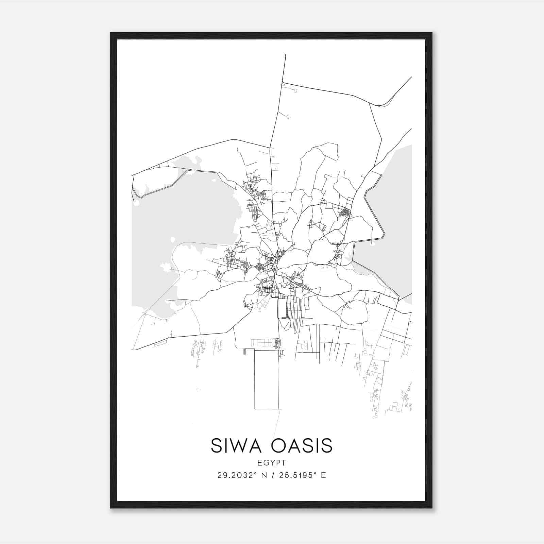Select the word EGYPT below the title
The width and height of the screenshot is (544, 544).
[272, 463]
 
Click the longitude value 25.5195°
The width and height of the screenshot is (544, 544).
[296, 475]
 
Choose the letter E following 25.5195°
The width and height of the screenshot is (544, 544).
[323, 475]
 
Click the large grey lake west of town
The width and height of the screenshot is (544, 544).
[190, 218]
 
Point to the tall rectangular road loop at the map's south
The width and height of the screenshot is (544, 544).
[267, 379]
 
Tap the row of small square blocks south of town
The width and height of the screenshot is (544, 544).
[264, 342]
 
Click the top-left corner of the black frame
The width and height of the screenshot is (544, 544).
[111, 33]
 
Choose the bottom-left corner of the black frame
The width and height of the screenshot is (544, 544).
[111, 507]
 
